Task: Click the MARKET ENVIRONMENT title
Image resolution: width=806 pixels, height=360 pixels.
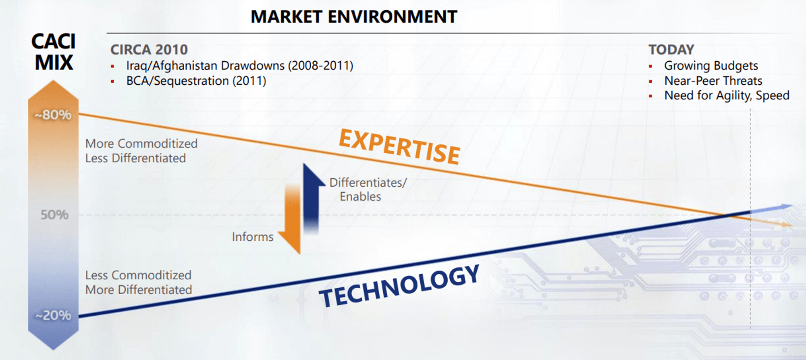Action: pyautogui.click(x=353, y=17)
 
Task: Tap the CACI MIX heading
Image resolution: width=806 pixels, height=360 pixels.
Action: pyautogui.click(x=54, y=52)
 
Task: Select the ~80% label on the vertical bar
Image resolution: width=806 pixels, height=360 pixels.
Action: pyautogui.click(x=53, y=115)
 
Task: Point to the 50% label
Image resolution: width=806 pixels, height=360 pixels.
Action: pyautogui.click(x=54, y=214)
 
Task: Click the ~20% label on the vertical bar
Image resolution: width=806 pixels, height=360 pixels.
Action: pyautogui.click(x=53, y=315)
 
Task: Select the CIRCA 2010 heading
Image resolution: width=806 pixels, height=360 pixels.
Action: pyautogui.click(x=149, y=50)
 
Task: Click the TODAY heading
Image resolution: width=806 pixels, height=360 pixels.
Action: pyautogui.click(x=671, y=50)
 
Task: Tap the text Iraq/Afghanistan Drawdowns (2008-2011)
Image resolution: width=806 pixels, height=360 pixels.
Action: pyautogui.click(x=239, y=65)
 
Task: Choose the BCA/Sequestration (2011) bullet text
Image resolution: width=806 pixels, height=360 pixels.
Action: pyautogui.click(x=196, y=81)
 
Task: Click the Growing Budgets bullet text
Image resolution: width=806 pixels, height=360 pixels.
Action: pyautogui.click(x=711, y=65)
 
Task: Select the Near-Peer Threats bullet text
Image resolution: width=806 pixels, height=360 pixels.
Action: pyautogui.click(x=713, y=81)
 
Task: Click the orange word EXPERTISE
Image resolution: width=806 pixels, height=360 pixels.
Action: pyautogui.click(x=399, y=146)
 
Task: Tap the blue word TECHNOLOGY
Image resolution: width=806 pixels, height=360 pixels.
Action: pyautogui.click(x=399, y=286)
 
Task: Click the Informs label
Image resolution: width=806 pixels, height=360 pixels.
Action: pyautogui.click(x=252, y=237)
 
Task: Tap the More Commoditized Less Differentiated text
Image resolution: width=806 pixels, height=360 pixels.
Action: pyautogui.click(x=141, y=151)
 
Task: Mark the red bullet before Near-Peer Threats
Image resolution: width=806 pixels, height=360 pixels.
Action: pyautogui.click(x=650, y=81)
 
